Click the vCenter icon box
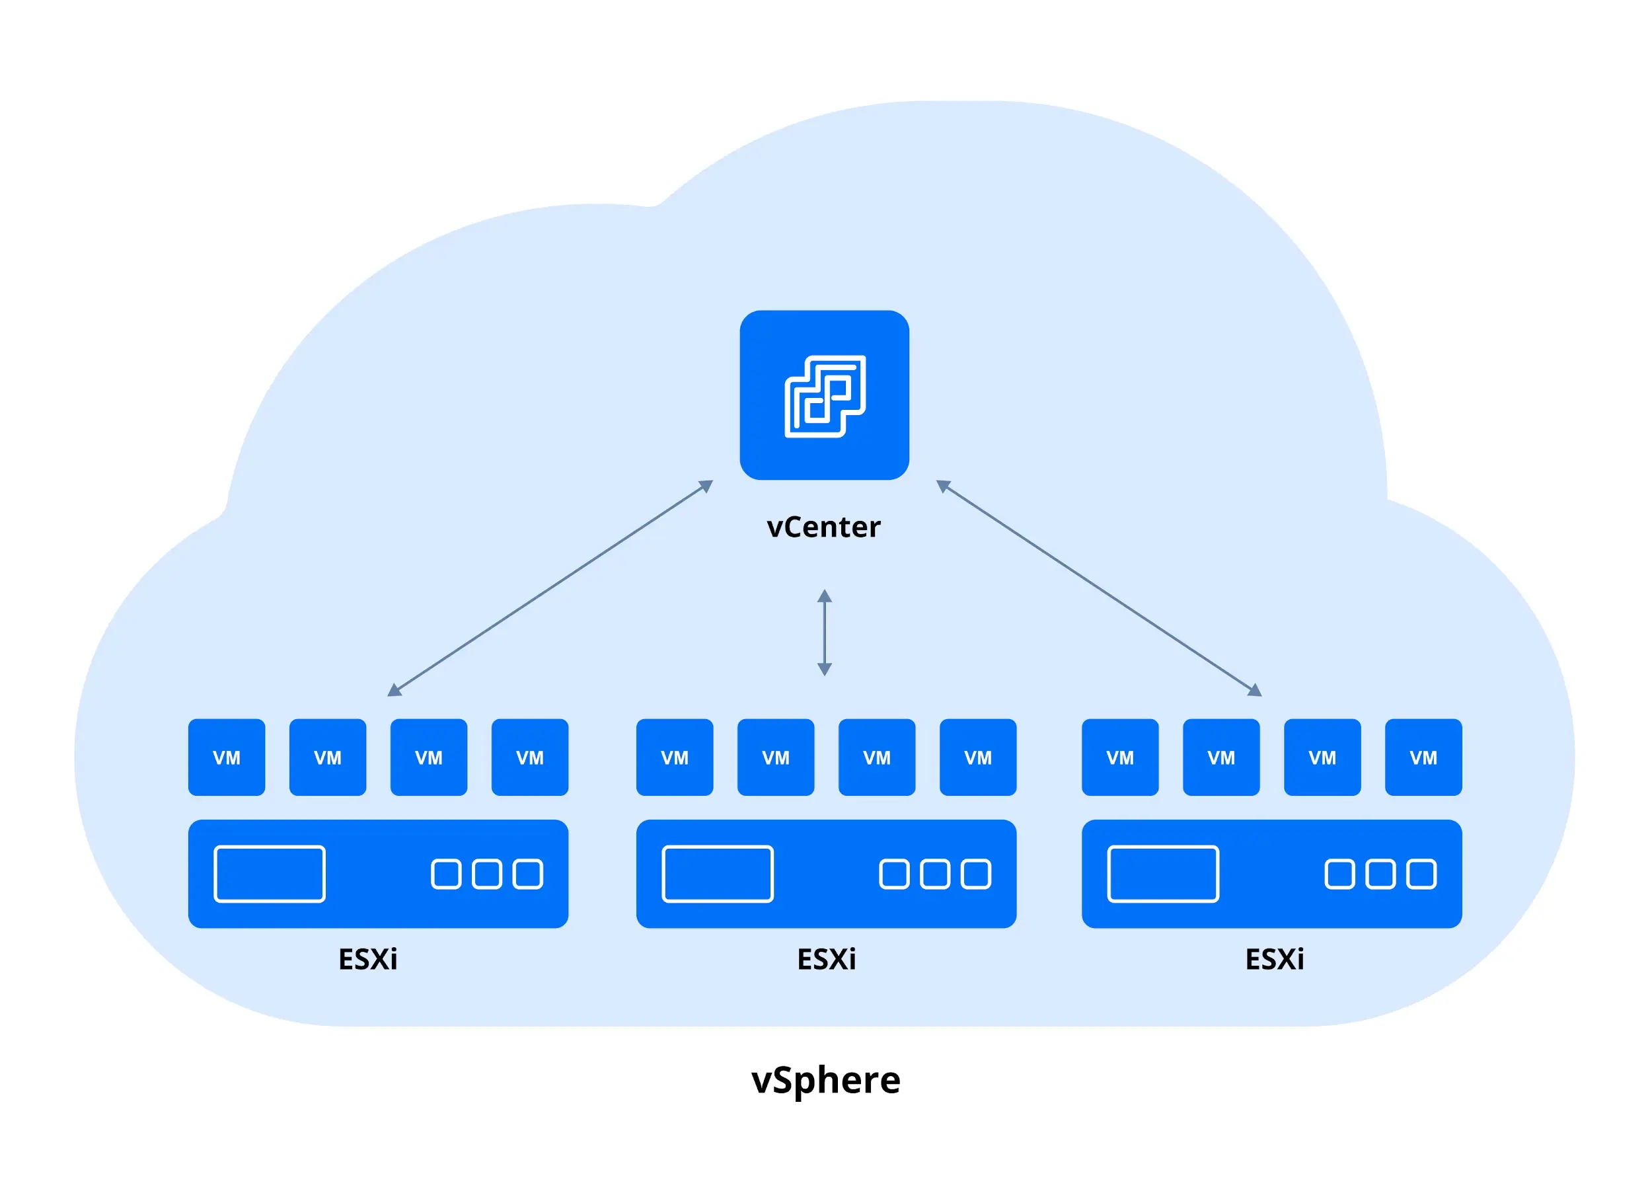pos(824,395)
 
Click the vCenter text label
pos(824,527)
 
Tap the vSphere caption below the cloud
pos(825,1080)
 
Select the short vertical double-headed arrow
pos(824,632)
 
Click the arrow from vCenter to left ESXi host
pos(550,588)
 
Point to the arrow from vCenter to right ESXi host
pos(1098,588)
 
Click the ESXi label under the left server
pos(368,959)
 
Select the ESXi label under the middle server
pos(826,959)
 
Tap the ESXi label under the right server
pos(1274,959)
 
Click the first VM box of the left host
pos(227,757)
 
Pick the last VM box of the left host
pos(529,757)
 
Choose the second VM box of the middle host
pos(776,757)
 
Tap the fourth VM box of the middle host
pos(977,757)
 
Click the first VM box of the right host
pos(1119,757)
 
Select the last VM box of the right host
pos(1423,757)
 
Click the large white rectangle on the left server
pos(270,874)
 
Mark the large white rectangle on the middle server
pos(718,874)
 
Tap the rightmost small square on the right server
pos(1420,874)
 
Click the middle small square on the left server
pos(486,874)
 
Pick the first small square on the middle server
pos(895,874)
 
